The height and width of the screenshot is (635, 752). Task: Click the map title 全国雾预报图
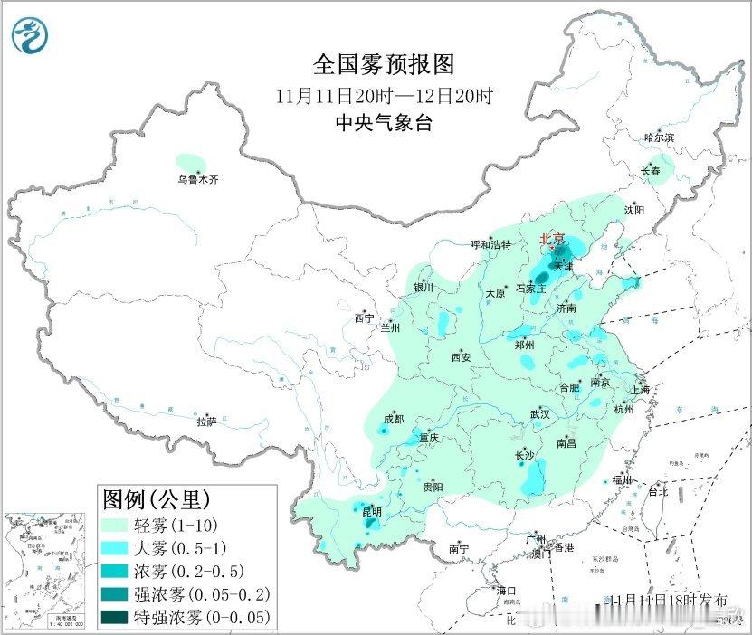(x=382, y=64)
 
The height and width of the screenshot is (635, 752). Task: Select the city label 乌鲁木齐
(x=197, y=180)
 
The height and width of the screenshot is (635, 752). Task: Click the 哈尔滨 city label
(x=659, y=137)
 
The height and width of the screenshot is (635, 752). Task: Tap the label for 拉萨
(x=206, y=421)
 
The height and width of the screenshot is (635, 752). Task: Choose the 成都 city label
(x=393, y=419)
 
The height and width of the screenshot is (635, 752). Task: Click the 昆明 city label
(x=372, y=512)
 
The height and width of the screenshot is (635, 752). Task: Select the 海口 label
(x=506, y=591)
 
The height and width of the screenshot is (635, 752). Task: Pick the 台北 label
(x=657, y=492)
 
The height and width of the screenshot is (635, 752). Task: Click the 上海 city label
(x=642, y=390)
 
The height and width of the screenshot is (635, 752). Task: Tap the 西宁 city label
(x=364, y=318)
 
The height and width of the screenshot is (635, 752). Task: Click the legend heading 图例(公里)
(x=157, y=498)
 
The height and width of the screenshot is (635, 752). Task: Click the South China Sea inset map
(x=46, y=569)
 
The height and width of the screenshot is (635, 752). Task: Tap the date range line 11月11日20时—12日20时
(x=385, y=95)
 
